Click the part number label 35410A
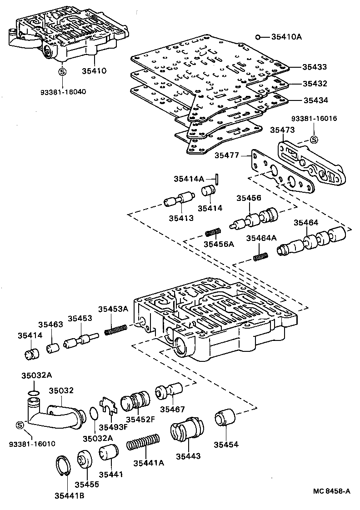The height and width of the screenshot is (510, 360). [x=286, y=37]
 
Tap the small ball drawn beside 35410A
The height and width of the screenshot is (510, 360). [x=257, y=37]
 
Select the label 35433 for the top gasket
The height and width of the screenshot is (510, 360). [x=315, y=67]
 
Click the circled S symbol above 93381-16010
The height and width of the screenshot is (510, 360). [x=20, y=425]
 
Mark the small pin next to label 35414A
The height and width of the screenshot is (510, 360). [x=218, y=180]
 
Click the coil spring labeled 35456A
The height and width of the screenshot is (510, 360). [x=213, y=233]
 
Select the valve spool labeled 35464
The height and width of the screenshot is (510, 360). [x=314, y=240]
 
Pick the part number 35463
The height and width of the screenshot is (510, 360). [x=50, y=325]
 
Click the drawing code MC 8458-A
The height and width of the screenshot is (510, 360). [x=331, y=491]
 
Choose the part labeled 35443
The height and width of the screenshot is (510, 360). [x=188, y=430]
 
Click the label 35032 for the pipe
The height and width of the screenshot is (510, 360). [x=61, y=390]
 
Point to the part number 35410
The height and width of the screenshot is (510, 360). [x=94, y=71]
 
